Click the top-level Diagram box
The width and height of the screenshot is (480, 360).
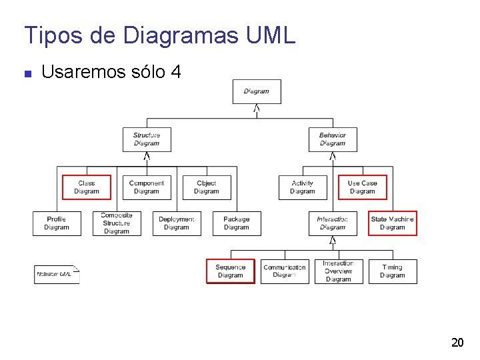(257, 91)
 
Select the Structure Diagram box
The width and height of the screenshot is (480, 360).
(147, 139)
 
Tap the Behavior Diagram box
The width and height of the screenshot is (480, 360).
(333, 139)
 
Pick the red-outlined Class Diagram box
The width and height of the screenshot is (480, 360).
(87, 187)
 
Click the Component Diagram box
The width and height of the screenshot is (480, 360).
(147, 187)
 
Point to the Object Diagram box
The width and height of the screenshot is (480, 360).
(207, 187)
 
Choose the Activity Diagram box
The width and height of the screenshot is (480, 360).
(303, 187)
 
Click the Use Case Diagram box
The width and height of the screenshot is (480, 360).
(363, 187)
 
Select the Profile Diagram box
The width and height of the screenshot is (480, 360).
(57, 223)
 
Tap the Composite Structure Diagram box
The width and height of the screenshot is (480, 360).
(117, 223)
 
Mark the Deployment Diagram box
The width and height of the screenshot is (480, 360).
(177, 223)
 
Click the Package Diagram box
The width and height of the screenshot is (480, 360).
(237, 223)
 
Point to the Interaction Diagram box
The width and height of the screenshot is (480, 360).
(333, 223)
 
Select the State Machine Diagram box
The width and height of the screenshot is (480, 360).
(393, 223)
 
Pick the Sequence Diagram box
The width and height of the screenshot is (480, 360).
(231, 271)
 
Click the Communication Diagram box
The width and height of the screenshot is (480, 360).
(285, 271)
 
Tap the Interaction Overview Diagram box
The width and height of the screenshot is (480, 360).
(339, 271)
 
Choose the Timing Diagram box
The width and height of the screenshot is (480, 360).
(393, 271)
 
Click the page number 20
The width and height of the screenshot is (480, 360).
(457, 343)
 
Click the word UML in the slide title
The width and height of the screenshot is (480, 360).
(271, 35)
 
